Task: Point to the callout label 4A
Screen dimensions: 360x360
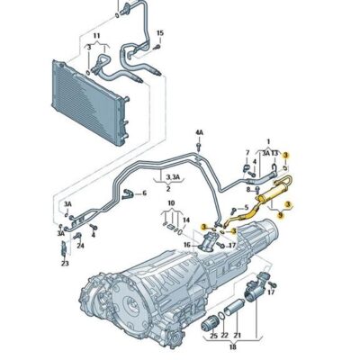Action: [x=200, y=134]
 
